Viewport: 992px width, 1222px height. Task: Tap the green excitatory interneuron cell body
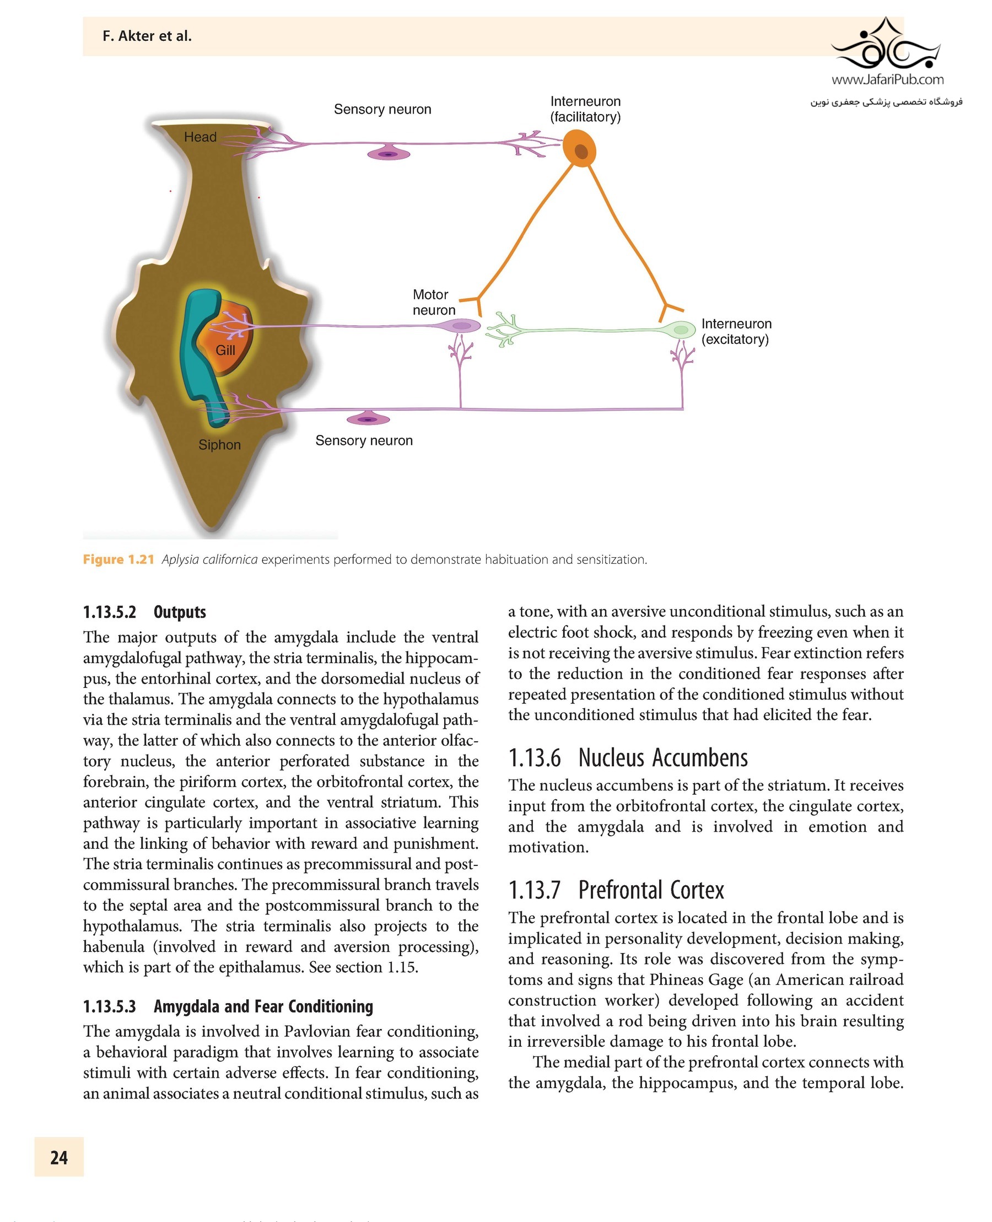[680, 329]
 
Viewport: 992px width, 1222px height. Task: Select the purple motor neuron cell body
[461, 326]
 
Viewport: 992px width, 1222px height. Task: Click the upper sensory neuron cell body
[389, 154]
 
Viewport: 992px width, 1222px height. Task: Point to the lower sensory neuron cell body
[368, 419]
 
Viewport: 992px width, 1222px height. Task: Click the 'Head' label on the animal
[200, 137]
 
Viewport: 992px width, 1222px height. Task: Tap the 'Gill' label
[225, 351]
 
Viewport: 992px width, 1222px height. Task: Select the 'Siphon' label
[219, 445]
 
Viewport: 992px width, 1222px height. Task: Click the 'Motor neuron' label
[433, 303]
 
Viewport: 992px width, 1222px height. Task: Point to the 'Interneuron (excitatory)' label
[736, 331]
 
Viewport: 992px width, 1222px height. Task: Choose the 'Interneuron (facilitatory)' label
[585, 109]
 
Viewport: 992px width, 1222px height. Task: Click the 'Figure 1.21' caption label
[118, 559]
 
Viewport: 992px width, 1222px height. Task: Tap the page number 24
[59, 1158]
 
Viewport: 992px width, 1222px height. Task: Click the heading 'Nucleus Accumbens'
[662, 758]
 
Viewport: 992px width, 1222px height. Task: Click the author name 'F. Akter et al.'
[147, 36]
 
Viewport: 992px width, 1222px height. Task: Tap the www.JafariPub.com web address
[887, 79]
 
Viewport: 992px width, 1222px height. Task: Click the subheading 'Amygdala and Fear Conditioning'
[263, 1006]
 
